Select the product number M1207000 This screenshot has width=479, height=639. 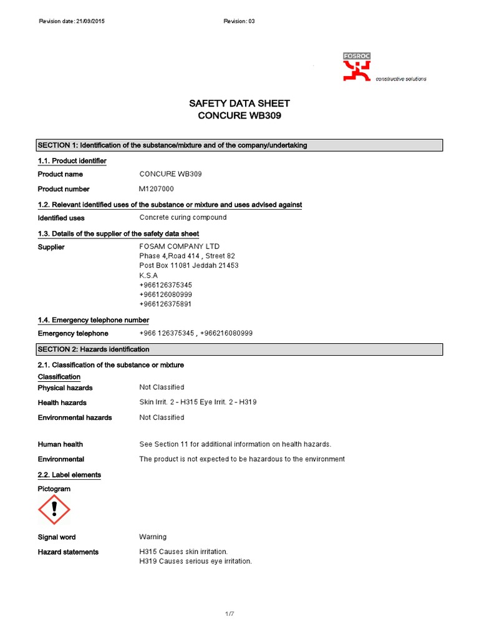coord(157,188)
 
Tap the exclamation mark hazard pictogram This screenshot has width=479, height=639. coord(54,510)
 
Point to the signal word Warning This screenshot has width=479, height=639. coord(153,537)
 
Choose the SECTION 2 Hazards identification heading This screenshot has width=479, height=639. coord(94,349)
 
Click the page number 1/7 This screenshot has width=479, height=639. coord(230,615)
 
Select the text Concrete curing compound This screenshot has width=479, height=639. coord(183,218)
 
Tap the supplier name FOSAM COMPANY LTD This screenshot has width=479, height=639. coord(180,246)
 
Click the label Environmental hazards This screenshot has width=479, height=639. coord(75,417)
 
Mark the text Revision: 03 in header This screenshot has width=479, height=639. coord(239,21)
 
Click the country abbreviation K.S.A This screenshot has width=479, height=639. coord(148,275)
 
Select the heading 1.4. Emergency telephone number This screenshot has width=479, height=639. coord(94,320)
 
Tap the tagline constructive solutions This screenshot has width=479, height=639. coord(400,79)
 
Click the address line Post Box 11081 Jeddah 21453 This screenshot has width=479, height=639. coord(188,266)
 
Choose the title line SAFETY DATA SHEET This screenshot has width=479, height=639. coord(239,104)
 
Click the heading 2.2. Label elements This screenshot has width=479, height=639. coord(69,475)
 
